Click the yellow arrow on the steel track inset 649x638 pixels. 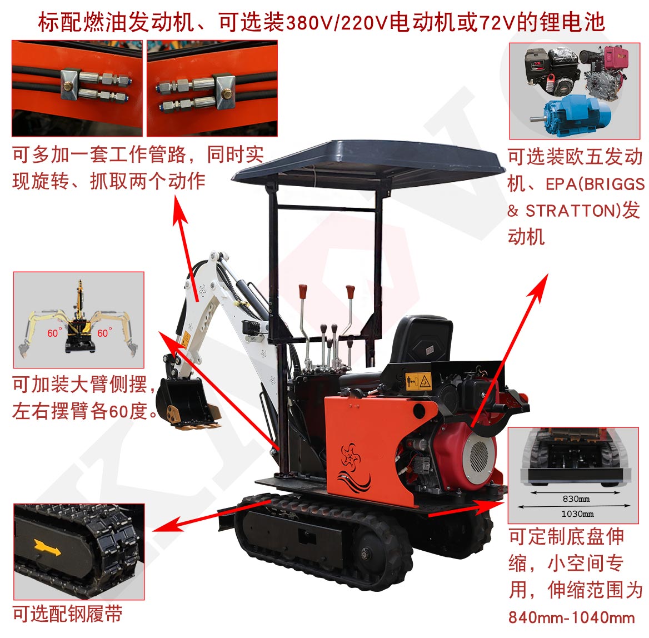pyautogui.click(x=47, y=547)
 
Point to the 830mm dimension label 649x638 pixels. pyautogui.click(x=576, y=499)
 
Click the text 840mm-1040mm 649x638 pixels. pyautogui.click(x=571, y=617)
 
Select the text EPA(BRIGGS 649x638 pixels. pyautogui.click(x=595, y=184)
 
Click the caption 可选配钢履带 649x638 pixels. pyautogui.click(x=67, y=614)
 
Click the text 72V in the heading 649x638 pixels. pyautogui.click(x=496, y=23)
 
